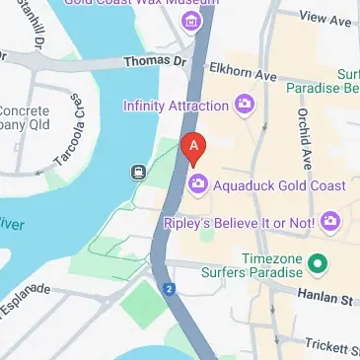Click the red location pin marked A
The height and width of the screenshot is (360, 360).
coord(195,148)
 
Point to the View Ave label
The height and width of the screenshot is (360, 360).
coord(325,18)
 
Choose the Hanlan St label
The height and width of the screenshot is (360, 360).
coord(325,296)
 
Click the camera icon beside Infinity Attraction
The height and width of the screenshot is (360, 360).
coord(242,104)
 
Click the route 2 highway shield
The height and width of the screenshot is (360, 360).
coord(170,289)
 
